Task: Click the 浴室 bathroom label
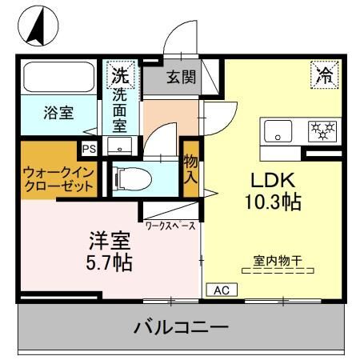coord(58,113)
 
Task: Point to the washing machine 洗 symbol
coord(118,76)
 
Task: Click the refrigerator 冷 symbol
coord(323,75)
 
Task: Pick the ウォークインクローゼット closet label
coord(57,178)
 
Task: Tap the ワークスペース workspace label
coord(170,226)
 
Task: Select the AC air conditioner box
coord(218,289)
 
